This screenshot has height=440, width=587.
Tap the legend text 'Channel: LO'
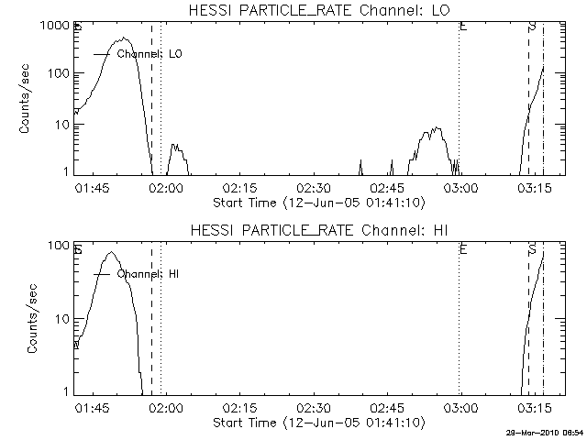tap(150, 54)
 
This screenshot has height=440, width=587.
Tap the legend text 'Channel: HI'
tap(150, 274)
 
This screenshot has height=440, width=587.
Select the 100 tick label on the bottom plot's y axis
tap(59, 245)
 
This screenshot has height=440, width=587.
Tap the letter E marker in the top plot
tap(463, 27)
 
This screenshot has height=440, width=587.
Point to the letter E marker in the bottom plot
tap(463, 248)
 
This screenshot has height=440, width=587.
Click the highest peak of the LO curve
tap(126, 38)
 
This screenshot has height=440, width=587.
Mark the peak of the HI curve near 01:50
tap(112, 252)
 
